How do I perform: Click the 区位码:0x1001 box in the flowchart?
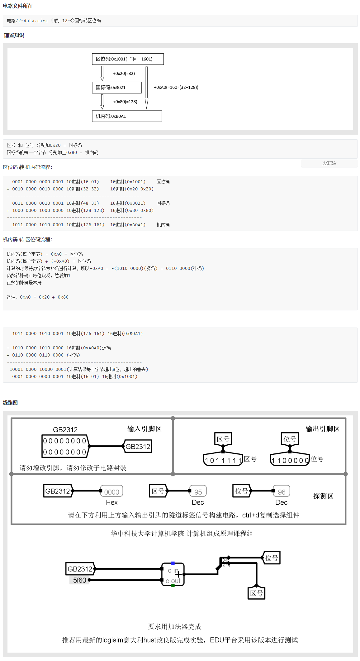point(128,59)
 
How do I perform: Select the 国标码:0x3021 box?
point(117,88)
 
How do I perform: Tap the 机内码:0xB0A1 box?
point(127,116)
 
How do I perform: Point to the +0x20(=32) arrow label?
point(124,74)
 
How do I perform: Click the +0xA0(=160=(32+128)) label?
point(176,87)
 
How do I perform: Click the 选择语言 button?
point(329,163)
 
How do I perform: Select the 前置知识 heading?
point(14,35)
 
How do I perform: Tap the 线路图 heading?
point(10,403)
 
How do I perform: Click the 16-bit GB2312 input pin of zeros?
point(65,446)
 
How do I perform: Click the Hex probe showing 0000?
point(111,491)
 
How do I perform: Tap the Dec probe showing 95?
point(198,491)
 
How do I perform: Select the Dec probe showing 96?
point(282,491)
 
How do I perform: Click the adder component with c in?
point(173,575)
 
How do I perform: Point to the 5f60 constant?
point(80,580)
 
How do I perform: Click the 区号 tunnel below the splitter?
point(257,593)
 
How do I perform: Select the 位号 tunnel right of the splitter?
point(272,558)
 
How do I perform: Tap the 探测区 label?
point(323,496)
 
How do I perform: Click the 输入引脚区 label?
point(144,429)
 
